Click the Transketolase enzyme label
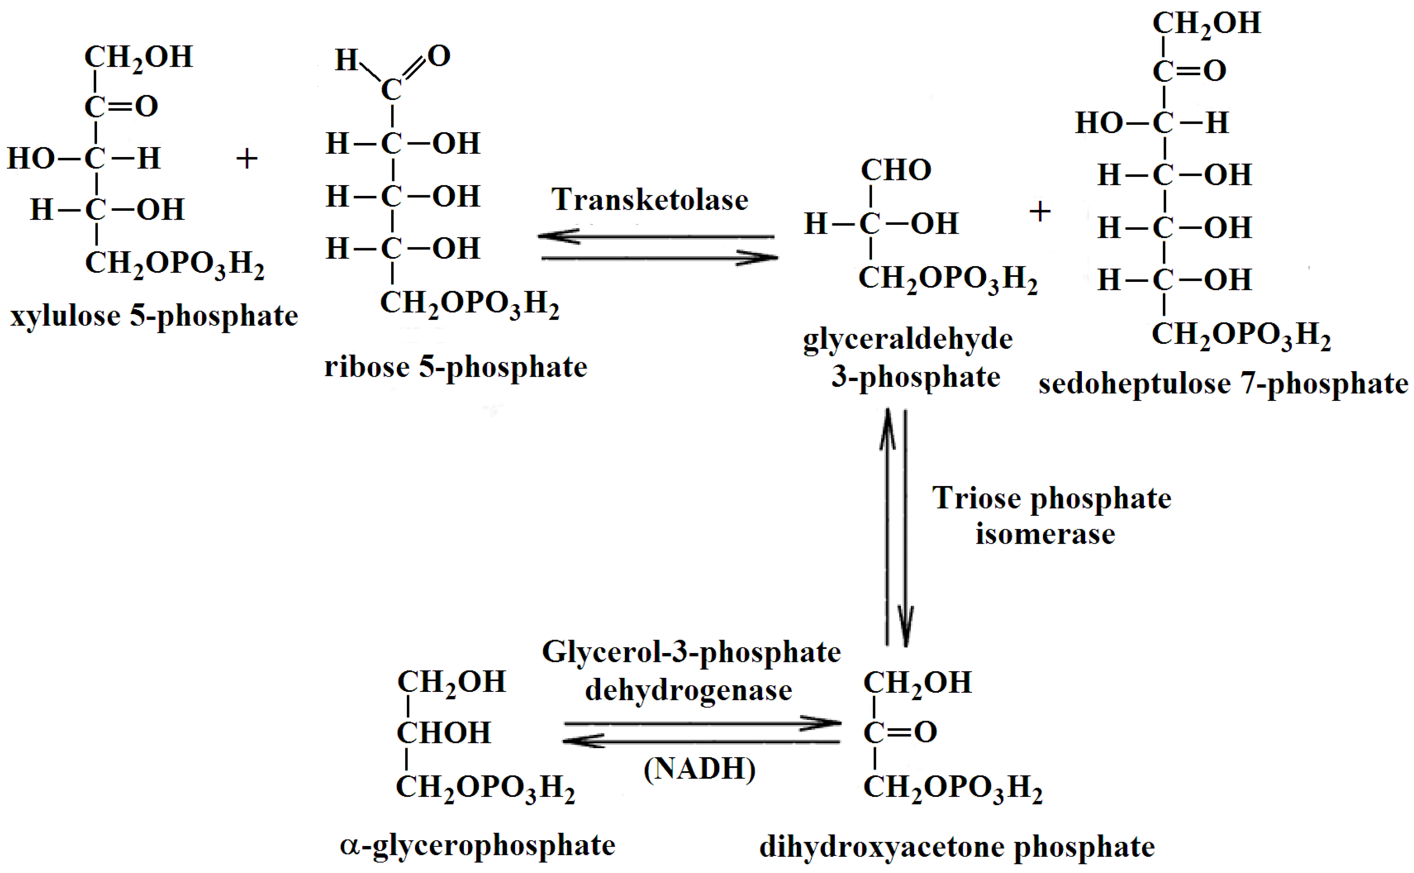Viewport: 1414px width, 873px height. click(x=649, y=200)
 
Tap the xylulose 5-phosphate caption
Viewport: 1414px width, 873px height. click(x=154, y=316)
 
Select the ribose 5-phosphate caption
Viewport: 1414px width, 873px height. click(x=455, y=367)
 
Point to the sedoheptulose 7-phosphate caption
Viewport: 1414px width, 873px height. click(x=1223, y=384)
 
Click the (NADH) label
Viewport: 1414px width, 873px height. click(x=699, y=769)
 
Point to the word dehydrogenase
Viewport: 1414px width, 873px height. click(x=689, y=690)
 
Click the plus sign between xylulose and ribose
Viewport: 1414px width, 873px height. click(x=247, y=159)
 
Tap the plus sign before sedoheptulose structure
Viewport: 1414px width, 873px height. click(x=1040, y=212)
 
